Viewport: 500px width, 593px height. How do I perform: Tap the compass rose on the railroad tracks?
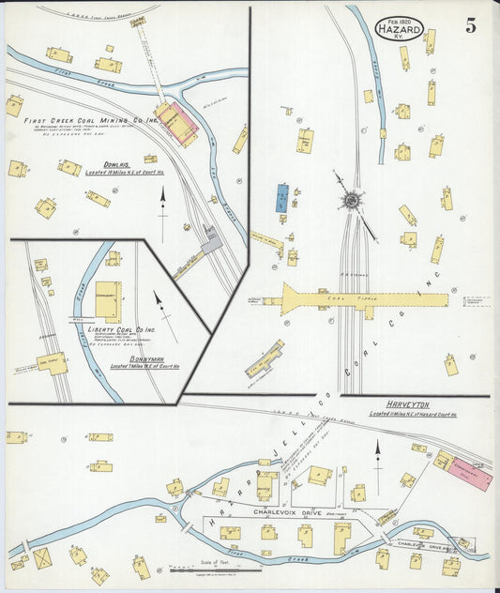pos(352,199)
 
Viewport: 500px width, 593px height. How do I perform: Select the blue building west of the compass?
pos(282,197)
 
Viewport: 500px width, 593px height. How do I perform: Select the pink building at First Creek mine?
pos(178,121)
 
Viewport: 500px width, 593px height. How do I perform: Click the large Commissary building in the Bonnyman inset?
pos(108,300)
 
